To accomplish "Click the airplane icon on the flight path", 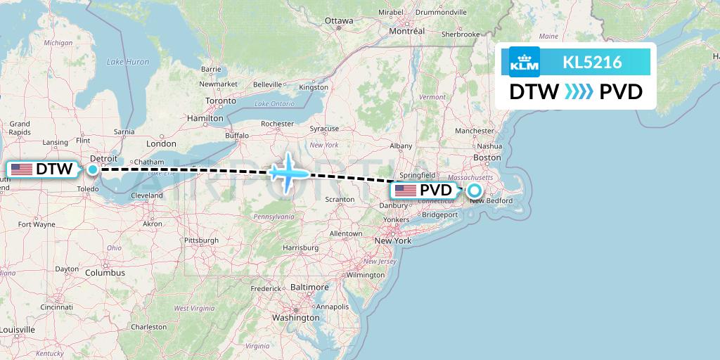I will tap(288, 172).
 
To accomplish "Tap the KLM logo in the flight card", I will tap(525, 62).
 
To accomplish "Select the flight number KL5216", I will tap(592, 63).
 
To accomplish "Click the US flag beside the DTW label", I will tap(22, 169).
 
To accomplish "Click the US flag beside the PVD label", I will tap(406, 191).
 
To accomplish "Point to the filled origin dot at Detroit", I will tap(93, 169).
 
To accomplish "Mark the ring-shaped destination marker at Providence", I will tap(475, 190).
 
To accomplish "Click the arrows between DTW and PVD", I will tap(579, 92).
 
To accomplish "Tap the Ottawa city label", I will tap(339, 20).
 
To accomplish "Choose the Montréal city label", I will tap(407, 31).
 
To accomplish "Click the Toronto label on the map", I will tap(221, 101).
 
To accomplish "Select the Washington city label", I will tap(296, 317).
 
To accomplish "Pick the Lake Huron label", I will tap(128, 62).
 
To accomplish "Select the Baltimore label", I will tap(309, 287).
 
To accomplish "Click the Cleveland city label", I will tap(146, 195).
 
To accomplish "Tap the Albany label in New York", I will tap(401, 146).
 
